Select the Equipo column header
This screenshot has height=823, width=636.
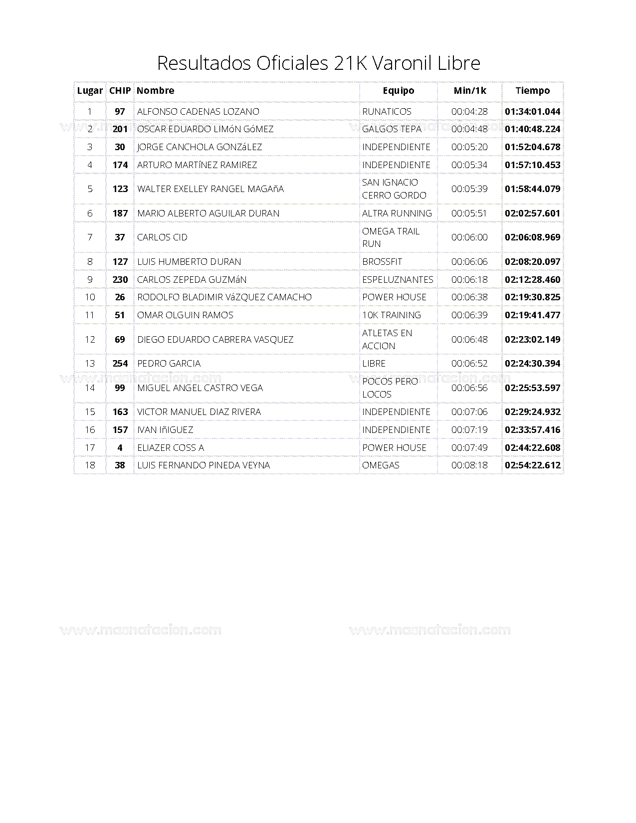coord(398,91)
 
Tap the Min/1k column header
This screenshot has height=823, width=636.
coord(469,91)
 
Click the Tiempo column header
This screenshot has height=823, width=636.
coord(532,91)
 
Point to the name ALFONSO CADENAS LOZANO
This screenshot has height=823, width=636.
coord(198,111)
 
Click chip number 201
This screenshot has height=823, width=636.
coord(120,129)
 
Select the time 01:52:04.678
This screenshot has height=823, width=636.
coord(532,147)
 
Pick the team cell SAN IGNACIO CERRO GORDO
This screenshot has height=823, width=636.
coord(394,189)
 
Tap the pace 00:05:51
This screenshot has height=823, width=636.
coord(469,213)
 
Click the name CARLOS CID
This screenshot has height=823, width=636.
coord(162,237)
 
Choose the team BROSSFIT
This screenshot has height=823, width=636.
coord(382,262)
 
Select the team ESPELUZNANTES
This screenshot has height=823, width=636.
coord(398,280)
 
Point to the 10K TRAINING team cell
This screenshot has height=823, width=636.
coord(392,315)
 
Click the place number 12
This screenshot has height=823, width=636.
coord(90,340)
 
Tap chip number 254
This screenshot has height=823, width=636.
coord(120,364)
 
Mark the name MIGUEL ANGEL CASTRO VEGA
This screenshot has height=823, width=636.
coord(200,388)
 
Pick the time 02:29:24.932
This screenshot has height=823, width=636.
coord(532,412)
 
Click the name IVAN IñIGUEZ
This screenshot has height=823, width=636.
coord(165,430)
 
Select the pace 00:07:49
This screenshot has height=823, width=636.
coord(469,448)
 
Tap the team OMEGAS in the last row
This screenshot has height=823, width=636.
coord(381,465)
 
